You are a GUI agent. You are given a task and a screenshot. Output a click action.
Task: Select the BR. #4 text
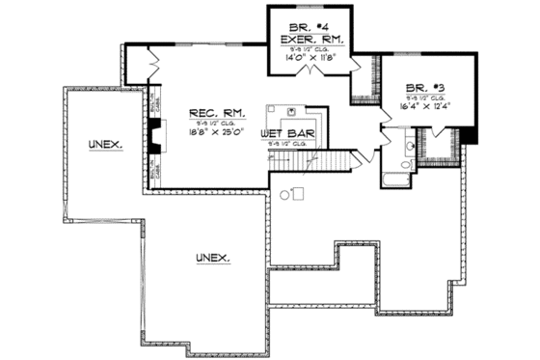[306, 25]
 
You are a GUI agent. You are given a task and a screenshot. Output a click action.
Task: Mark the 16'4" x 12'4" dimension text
[426, 106]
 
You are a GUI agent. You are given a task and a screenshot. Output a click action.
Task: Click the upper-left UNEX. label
[106, 144]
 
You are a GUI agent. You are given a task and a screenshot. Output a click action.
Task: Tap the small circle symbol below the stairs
[285, 196]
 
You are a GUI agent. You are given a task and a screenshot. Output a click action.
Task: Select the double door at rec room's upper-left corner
[148, 66]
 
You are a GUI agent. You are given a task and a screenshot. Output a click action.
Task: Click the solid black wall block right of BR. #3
[470, 135]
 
